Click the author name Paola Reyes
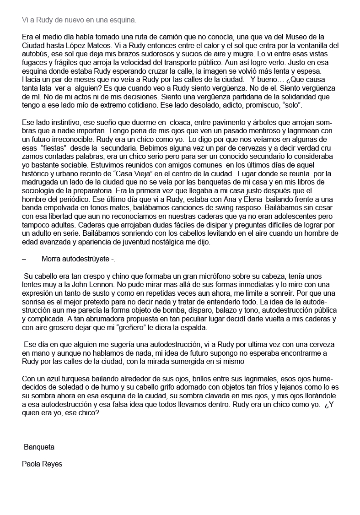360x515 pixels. [x=42, y=464]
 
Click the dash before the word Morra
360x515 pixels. [x=24, y=259]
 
